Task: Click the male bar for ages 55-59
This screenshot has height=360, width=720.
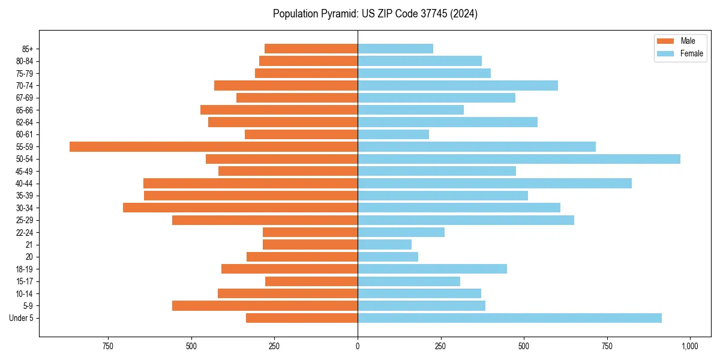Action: tap(214, 146)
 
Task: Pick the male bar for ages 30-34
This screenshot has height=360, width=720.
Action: tap(240, 208)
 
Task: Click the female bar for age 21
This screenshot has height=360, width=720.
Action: tap(385, 244)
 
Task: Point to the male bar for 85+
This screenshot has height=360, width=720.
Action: tap(311, 49)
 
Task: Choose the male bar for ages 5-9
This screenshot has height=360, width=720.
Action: tap(265, 306)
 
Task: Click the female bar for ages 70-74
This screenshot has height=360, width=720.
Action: tap(458, 85)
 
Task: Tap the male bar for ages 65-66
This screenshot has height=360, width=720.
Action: tap(279, 110)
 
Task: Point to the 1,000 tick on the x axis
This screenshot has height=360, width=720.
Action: tap(689, 346)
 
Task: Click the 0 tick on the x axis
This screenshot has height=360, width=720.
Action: tap(358, 346)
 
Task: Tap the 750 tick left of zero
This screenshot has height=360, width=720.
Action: tap(108, 346)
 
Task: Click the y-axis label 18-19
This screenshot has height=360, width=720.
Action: tap(25, 269)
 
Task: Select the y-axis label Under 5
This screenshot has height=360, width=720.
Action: tap(22, 318)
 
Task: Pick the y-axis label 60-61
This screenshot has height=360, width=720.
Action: tap(25, 134)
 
